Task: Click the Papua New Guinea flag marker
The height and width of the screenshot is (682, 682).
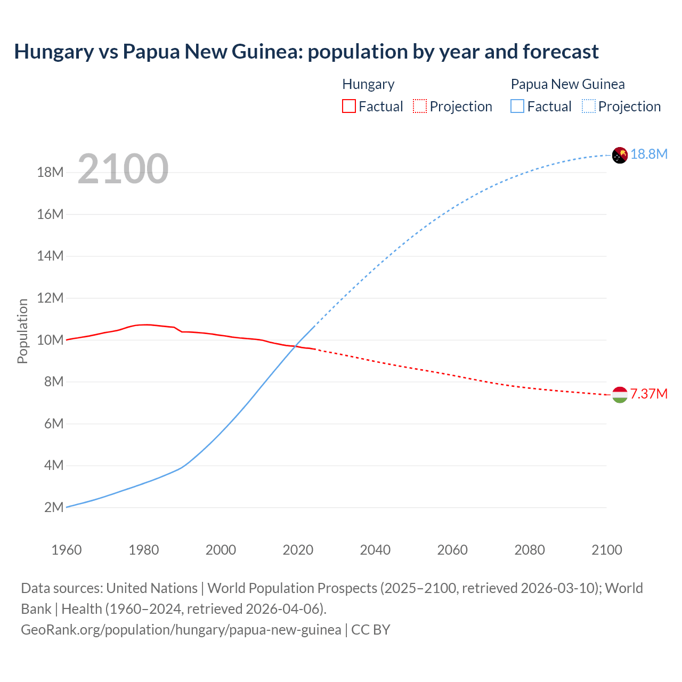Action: point(620,155)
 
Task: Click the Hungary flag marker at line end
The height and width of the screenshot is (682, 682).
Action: point(620,395)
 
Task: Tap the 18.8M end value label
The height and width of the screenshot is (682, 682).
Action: point(649,154)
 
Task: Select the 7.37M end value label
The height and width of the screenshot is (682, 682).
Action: point(649,394)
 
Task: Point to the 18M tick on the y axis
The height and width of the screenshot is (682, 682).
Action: point(50,172)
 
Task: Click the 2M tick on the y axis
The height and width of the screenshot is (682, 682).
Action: point(53,507)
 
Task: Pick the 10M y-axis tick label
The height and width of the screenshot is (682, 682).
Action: point(50,340)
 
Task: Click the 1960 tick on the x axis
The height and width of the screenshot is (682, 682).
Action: point(67,550)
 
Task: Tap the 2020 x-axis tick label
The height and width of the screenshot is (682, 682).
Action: point(298,550)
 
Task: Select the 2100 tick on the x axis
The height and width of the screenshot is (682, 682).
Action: point(606,550)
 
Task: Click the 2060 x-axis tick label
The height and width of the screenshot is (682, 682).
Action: point(452,550)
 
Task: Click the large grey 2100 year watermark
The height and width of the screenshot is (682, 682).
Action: point(123,169)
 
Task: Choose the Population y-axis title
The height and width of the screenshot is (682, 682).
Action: point(22,331)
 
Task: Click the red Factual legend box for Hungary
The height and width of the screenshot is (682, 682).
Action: point(348,106)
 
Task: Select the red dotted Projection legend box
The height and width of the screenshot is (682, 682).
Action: point(420,106)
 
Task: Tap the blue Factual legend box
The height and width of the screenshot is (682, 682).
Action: point(517,106)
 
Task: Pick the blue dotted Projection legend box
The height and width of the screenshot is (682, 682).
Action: point(588,106)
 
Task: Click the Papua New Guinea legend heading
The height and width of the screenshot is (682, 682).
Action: point(567,84)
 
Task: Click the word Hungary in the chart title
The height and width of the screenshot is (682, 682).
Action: point(54,52)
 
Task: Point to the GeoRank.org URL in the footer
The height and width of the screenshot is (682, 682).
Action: point(181,629)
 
